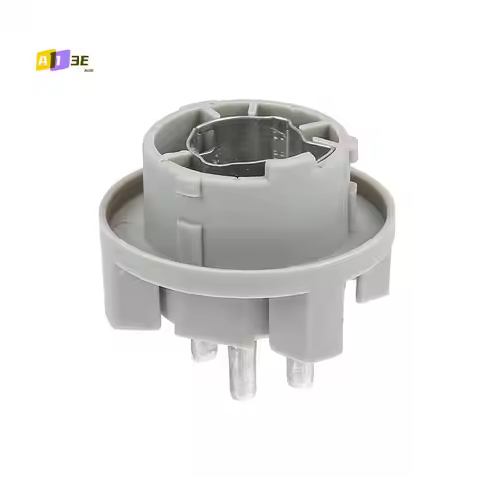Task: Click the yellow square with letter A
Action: click(x=41, y=59)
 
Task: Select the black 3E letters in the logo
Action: click(x=79, y=58)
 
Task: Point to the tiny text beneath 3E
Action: click(x=86, y=69)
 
